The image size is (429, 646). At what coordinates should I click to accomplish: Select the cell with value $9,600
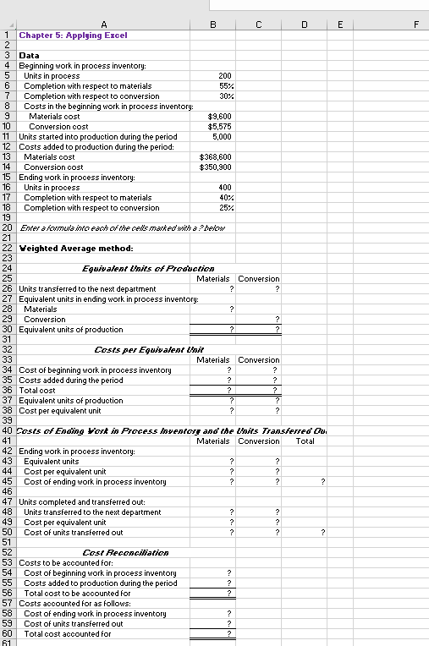click(220, 116)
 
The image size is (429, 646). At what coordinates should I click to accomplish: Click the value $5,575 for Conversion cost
click(220, 126)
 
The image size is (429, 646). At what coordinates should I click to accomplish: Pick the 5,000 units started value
click(222, 136)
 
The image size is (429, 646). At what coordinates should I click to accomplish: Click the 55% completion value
click(225, 85)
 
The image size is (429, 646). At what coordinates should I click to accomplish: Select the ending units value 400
click(224, 187)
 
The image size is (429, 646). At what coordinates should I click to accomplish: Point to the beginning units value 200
click(224, 75)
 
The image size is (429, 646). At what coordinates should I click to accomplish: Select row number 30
click(8, 329)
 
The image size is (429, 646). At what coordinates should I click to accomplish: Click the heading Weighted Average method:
click(75, 248)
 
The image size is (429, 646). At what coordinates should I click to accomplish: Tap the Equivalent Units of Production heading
click(136, 268)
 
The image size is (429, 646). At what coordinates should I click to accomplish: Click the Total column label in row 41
click(305, 441)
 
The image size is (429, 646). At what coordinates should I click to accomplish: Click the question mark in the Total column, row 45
click(322, 481)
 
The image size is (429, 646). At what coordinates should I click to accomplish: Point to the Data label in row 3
click(29, 55)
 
